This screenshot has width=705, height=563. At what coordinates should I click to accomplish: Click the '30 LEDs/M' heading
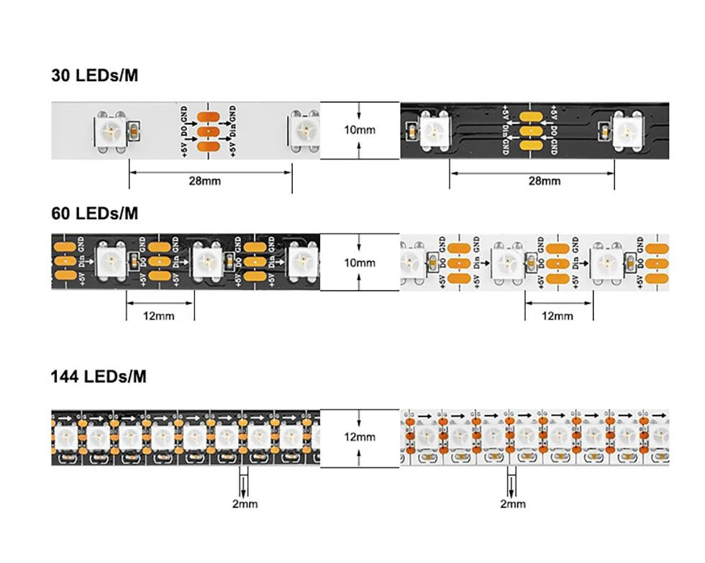click(x=94, y=75)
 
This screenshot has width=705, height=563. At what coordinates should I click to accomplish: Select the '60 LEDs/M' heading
click(x=94, y=213)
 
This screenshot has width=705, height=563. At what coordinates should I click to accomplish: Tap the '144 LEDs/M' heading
click(x=99, y=376)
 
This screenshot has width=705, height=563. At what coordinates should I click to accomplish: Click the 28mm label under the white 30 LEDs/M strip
click(x=205, y=181)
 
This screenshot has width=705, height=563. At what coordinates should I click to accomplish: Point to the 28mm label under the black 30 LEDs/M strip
click(x=544, y=181)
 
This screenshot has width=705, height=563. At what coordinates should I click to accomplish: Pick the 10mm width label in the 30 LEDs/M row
click(x=360, y=130)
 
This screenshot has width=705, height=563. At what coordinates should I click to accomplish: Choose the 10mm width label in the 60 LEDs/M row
click(x=360, y=262)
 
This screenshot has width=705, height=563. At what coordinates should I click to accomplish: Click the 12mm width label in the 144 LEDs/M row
click(x=360, y=437)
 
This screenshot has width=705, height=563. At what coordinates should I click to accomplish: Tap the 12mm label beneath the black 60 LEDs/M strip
click(x=160, y=316)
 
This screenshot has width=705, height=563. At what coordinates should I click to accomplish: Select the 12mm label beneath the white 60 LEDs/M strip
click(x=558, y=316)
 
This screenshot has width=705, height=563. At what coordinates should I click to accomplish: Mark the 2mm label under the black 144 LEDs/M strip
click(x=245, y=504)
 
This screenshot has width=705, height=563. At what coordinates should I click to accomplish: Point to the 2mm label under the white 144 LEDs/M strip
click(x=512, y=504)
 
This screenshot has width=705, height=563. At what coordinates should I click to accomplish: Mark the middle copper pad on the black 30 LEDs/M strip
click(x=529, y=132)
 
